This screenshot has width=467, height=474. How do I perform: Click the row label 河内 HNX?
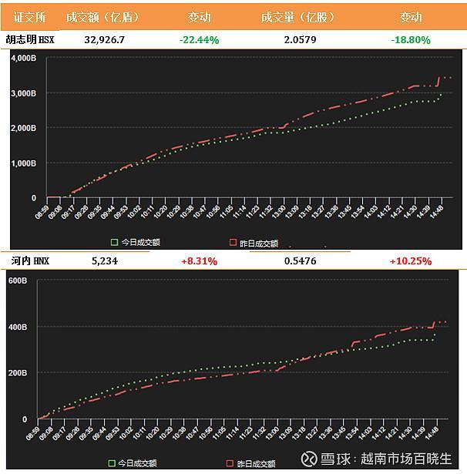(31, 261)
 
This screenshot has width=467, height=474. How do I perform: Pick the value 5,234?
(104, 261)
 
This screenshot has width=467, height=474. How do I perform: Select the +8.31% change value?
(199, 261)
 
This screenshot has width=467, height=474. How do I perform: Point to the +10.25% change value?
(410, 261)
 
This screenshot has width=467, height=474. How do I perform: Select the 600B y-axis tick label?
(18, 281)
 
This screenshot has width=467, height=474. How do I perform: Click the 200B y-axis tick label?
(18, 373)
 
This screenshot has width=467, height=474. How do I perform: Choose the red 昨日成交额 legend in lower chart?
(250, 464)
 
